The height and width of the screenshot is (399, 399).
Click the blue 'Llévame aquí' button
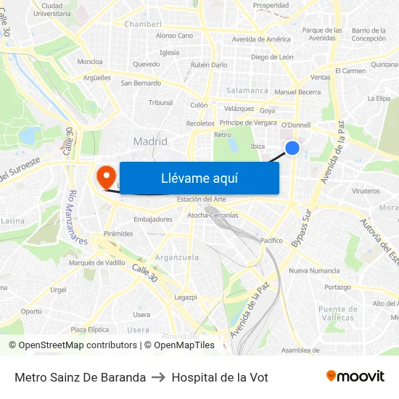tap(199, 178)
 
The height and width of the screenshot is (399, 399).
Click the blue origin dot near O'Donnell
tap(292, 148)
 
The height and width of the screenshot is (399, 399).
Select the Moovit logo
tap(355, 377)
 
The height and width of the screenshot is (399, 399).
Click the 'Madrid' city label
tap(150, 141)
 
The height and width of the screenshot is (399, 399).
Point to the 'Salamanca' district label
tap(247, 91)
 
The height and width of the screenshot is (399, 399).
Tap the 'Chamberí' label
tap(143, 24)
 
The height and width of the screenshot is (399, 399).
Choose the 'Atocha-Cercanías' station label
tap(213, 215)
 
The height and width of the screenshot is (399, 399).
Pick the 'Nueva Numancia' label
tap(314, 271)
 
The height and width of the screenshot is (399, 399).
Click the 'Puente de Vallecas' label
tap(337, 313)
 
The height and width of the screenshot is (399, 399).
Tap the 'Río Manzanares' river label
tap(78, 217)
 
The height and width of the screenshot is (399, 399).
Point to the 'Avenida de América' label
tap(261, 39)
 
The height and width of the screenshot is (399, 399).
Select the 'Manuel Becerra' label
tap(297, 92)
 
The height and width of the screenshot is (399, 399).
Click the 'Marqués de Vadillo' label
tap(96, 263)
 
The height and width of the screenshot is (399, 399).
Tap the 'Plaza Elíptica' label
tap(89, 329)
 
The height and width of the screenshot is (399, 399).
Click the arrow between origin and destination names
tap(158, 377)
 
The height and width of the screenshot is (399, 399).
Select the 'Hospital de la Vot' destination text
tap(220, 377)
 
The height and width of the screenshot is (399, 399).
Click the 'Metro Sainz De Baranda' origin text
tap(80, 377)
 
